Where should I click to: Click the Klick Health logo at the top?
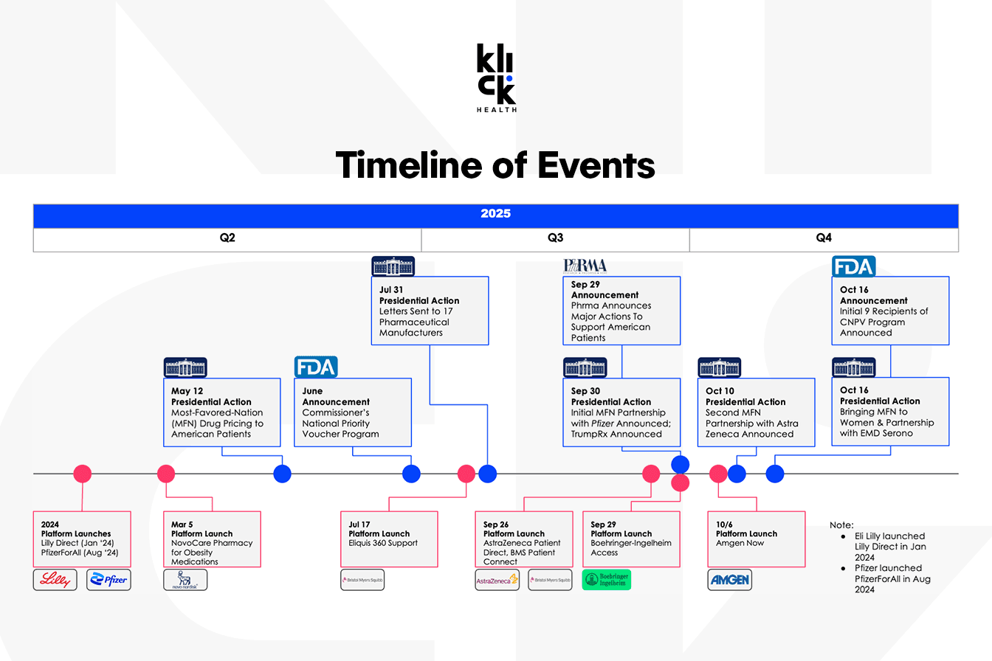click(x=497, y=77)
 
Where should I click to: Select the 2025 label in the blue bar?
click(x=495, y=213)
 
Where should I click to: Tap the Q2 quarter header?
click(x=227, y=238)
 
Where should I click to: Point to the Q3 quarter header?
click(x=555, y=238)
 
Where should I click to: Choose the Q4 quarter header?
click(x=824, y=238)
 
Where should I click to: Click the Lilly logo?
click(x=55, y=580)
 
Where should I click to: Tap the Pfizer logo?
click(x=108, y=580)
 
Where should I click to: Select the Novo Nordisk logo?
click(x=185, y=580)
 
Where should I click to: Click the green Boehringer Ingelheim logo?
click(x=606, y=580)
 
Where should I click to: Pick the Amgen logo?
click(x=729, y=580)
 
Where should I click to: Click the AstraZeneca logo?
click(x=497, y=580)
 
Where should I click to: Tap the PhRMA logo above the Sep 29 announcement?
click(x=585, y=266)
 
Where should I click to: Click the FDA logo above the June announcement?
click(x=316, y=367)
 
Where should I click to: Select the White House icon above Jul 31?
click(x=393, y=266)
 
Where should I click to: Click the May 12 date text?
click(x=187, y=391)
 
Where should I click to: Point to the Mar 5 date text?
click(x=182, y=525)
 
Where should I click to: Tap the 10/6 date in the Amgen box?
click(x=724, y=525)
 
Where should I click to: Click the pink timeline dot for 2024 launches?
click(x=83, y=474)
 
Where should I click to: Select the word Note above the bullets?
click(x=841, y=525)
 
